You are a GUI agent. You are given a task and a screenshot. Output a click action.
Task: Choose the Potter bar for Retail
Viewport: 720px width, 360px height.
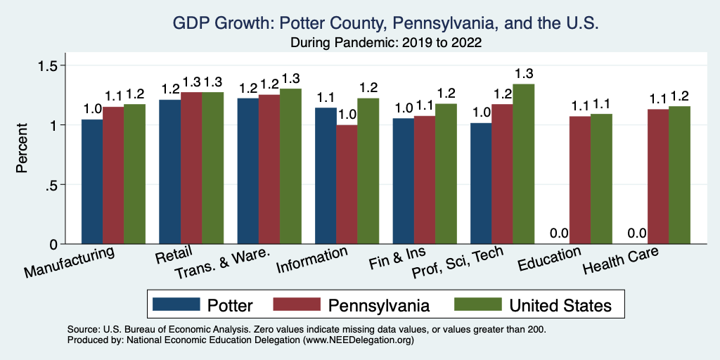(x=169, y=172)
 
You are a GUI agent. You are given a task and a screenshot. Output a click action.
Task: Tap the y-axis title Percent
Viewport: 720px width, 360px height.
(x=22, y=148)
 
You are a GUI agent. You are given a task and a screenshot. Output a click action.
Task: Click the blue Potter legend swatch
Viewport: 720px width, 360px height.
(x=176, y=304)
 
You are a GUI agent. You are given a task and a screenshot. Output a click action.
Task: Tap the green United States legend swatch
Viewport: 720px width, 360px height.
(x=477, y=304)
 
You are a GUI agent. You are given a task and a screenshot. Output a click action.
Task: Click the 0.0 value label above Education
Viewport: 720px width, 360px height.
(x=559, y=233)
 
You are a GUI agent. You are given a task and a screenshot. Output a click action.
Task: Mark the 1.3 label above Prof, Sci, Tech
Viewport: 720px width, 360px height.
(x=523, y=73)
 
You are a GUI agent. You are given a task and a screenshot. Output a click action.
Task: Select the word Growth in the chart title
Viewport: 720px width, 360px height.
(x=238, y=23)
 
